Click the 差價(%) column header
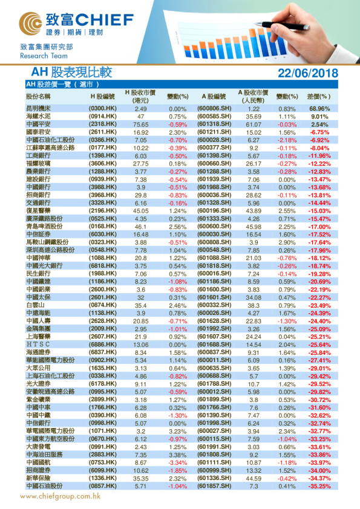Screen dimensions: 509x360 point(319,96)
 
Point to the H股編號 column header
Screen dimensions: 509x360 point(102,96)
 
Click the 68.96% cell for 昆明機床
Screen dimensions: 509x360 point(319,109)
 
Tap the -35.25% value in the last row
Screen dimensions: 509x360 point(319,485)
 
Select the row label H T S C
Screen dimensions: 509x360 point(37,344)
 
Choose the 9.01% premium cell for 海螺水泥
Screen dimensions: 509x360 point(319,116)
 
